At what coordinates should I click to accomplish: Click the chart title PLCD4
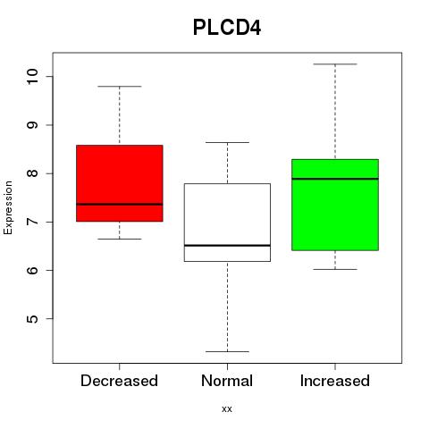click(x=227, y=28)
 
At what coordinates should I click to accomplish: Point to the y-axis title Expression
click(x=8, y=207)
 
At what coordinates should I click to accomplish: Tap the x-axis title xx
click(x=227, y=408)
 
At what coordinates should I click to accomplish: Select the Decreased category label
click(x=119, y=381)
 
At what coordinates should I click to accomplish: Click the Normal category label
click(x=227, y=381)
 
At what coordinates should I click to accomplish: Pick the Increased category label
click(x=335, y=381)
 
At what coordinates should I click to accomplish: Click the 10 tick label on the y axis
click(x=32, y=76)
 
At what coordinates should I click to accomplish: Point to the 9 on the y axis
click(x=32, y=125)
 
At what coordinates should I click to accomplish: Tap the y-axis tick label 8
click(x=32, y=173)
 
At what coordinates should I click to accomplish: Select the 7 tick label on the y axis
click(x=32, y=222)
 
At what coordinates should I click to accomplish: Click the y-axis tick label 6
click(x=32, y=270)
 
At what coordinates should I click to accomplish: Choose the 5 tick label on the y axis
click(x=32, y=319)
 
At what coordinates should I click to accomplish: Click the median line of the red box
click(x=120, y=204)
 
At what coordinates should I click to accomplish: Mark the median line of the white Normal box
click(x=227, y=245)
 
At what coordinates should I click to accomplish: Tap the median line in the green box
click(x=335, y=179)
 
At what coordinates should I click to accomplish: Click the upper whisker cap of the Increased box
click(x=335, y=64)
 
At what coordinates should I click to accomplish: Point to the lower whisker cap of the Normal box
click(x=227, y=351)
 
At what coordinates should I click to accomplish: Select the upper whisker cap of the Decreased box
click(x=120, y=87)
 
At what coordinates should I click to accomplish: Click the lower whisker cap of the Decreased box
click(x=120, y=239)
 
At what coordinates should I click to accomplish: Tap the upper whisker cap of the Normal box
click(x=227, y=142)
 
